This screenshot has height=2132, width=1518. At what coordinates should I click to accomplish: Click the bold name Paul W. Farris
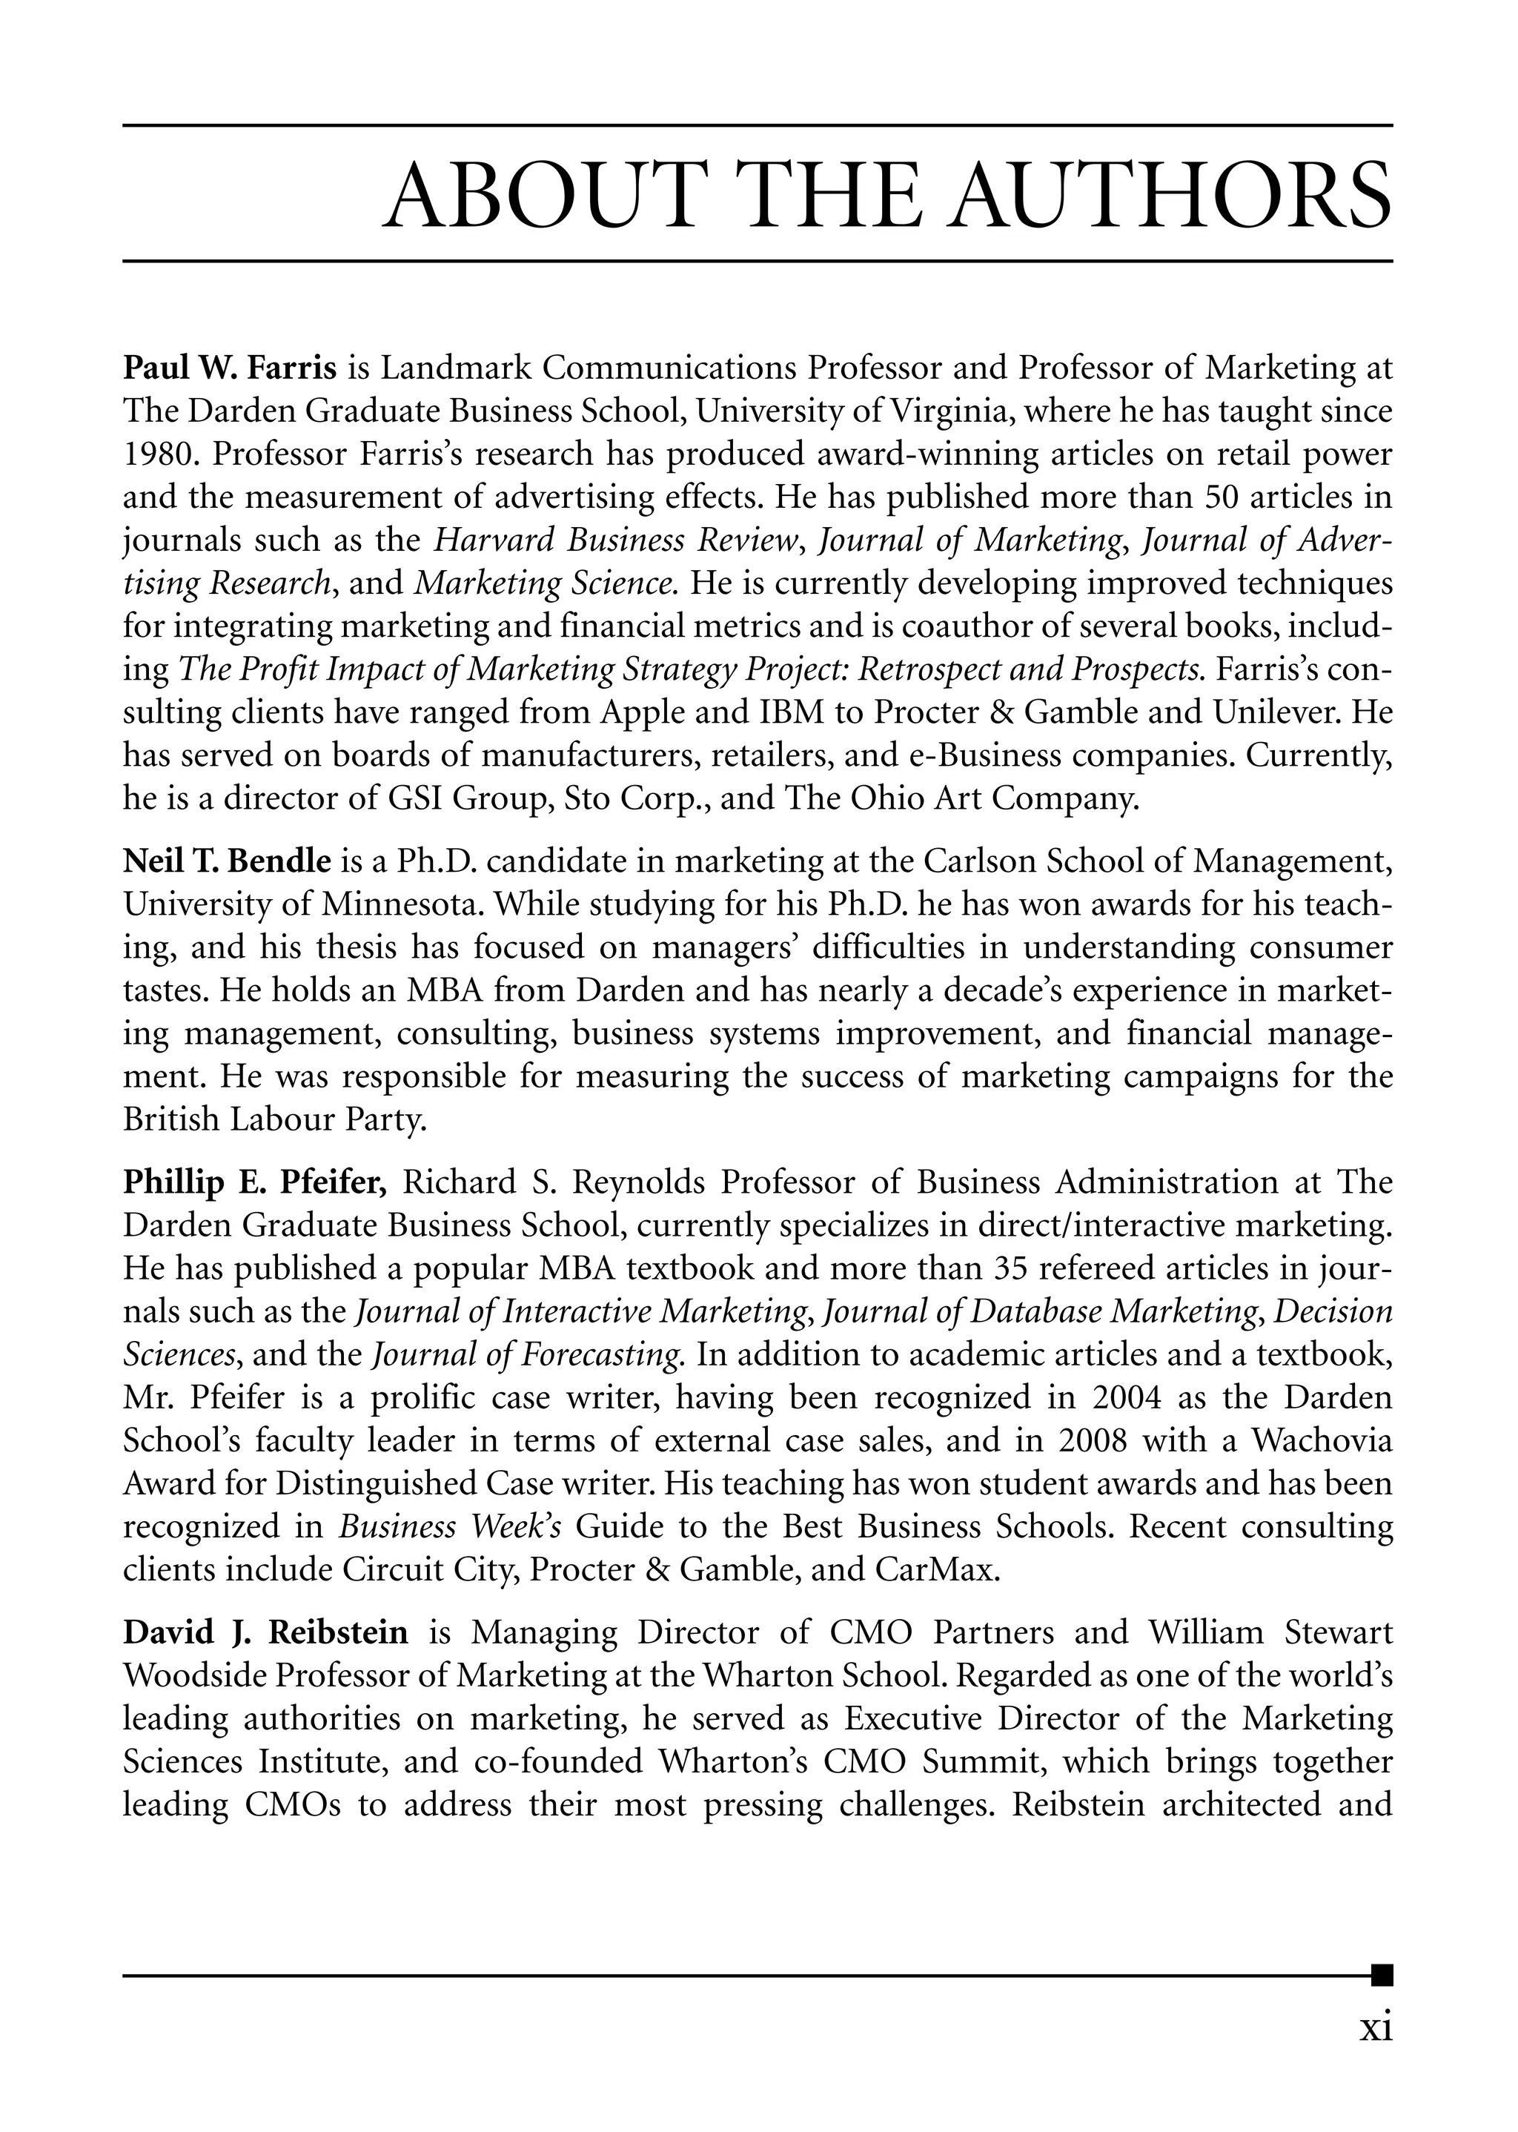point(229,368)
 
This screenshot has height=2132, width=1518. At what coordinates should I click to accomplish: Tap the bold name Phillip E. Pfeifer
point(254,1182)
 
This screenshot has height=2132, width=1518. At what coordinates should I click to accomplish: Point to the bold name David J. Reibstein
point(265,1633)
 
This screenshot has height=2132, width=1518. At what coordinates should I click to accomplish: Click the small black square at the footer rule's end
point(1382,1975)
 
